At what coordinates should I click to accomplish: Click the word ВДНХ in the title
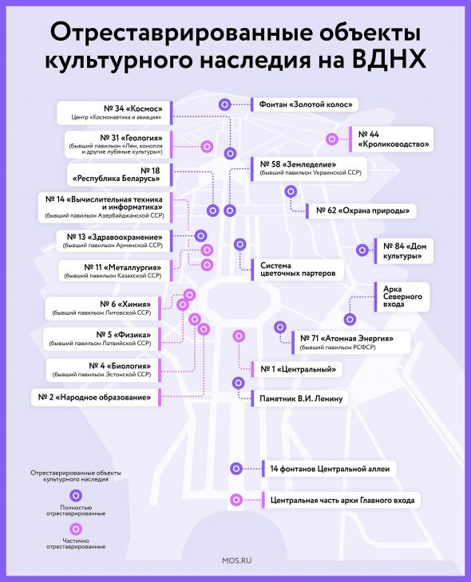click(389, 59)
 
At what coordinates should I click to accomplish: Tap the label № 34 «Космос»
click(133, 108)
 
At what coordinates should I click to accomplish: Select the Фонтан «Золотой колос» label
click(306, 104)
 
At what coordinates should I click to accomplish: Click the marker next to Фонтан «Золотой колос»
click(224, 104)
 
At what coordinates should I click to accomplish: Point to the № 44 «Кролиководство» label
click(394, 140)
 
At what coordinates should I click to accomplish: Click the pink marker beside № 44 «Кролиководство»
click(332, 140)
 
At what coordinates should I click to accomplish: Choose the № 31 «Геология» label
click(131, 138)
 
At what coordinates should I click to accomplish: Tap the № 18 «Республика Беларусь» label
click(117, 175)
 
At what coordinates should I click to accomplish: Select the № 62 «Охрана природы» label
click(362, 210)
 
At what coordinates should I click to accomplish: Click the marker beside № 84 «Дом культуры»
click(362, 250)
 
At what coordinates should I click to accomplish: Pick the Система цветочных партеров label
click(298, 269)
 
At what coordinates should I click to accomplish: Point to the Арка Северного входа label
click(402, 297)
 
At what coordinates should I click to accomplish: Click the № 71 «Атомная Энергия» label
click(346, 339)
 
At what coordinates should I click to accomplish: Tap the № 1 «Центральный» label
click(298, 369)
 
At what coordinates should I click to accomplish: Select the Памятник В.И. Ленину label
click(301, 399)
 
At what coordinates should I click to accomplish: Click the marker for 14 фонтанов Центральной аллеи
click(236, 469)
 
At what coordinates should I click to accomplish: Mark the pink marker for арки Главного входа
click(236, 500)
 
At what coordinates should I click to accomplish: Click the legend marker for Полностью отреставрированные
click(76, 496)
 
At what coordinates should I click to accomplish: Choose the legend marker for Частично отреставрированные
click(76, 529)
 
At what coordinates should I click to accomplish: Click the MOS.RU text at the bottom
click(236, 560)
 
